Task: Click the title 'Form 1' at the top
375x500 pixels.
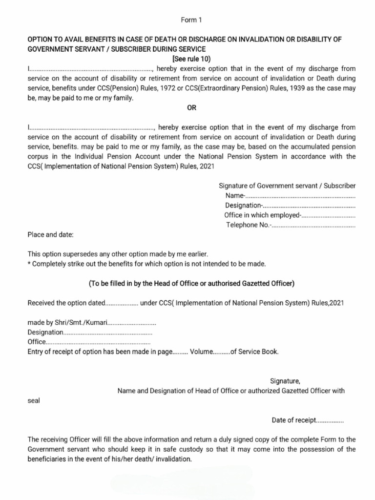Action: click(x=191, y=20)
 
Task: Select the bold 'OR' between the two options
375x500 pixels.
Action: click(x=191, y=108)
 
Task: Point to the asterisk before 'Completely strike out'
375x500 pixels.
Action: click(x=29, y=264)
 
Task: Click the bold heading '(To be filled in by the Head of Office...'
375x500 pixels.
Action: click(x=191, y=284)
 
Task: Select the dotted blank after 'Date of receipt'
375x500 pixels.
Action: click(x=331, y=420)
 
